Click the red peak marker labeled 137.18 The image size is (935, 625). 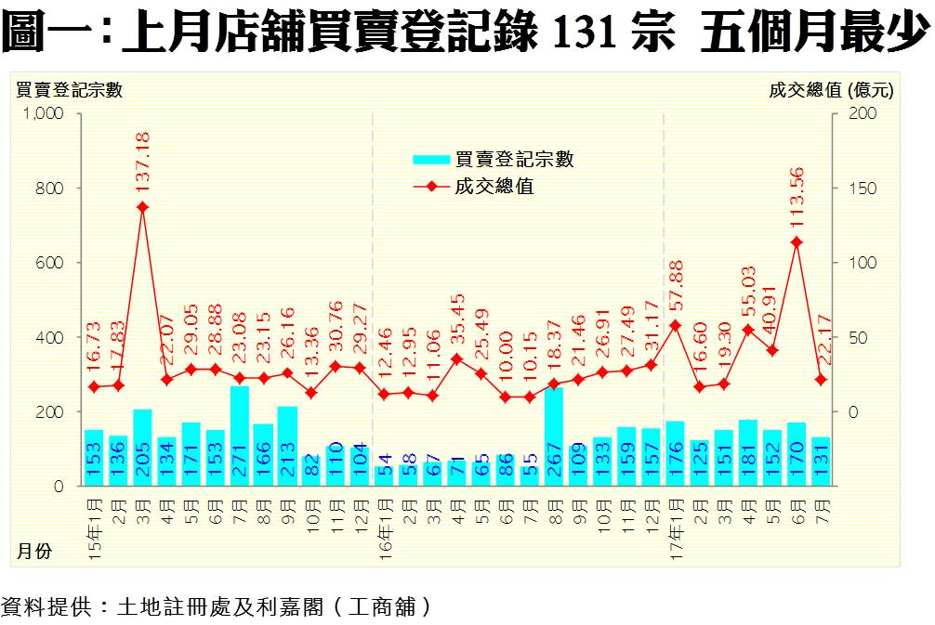(x=142, y=207)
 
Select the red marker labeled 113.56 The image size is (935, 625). (x=797, y=242)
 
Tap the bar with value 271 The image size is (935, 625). (x=239, y=436)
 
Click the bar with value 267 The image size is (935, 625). (x=553, y=436)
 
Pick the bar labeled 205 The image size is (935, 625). (x=142, y=448)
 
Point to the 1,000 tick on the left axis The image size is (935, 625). (x=42, y=113)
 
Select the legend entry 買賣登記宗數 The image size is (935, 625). (x=514, y=160)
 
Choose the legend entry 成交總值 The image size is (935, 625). (x=494, y=187)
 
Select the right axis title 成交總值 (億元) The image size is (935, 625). (x=831, y=90)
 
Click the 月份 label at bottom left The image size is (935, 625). (x=33, y=551)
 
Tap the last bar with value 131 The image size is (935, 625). (x=820, y=461)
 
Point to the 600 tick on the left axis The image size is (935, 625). (x=49, y=263)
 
